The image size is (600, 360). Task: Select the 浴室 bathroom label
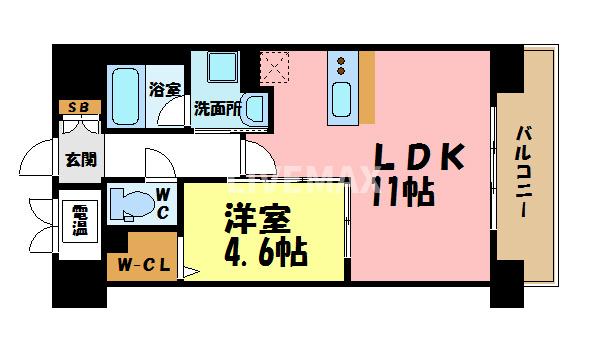click(165, 88)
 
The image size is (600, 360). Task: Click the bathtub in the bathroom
click(126, 96)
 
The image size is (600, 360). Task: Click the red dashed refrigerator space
click(273, 68)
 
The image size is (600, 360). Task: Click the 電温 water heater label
click(78, 220)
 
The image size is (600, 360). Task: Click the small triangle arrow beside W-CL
click(188, 267)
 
